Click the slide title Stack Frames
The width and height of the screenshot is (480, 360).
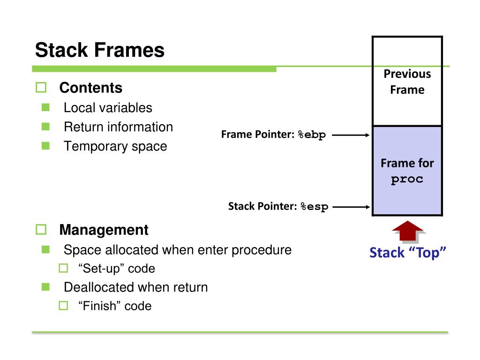[100, 50]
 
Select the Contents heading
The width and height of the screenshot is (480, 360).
[91, 88]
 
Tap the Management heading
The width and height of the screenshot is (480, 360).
[104, 230]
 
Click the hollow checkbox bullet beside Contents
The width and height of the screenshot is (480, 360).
[41, 88]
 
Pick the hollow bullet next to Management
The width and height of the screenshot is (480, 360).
[41, 230]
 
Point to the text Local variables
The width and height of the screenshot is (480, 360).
[108, 108]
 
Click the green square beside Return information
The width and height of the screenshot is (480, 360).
[45, 127]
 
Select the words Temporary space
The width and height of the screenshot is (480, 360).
[115, 146]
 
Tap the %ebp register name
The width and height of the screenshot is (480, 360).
[312, 135]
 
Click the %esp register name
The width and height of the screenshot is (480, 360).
[315, 207]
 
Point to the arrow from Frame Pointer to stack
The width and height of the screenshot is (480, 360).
[351, 135]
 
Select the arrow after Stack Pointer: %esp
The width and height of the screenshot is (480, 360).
[351, 207]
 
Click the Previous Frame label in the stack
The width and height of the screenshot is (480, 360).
[407, 82]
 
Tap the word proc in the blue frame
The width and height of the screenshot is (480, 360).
[407, 179]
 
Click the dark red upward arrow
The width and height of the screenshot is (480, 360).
[408, 231]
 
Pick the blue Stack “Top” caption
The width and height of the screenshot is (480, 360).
[407, 253]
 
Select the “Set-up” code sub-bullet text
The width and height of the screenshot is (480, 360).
[117, 269]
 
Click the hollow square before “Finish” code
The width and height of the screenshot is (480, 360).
[63, 306]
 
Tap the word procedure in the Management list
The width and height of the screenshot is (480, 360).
[262, 250]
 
